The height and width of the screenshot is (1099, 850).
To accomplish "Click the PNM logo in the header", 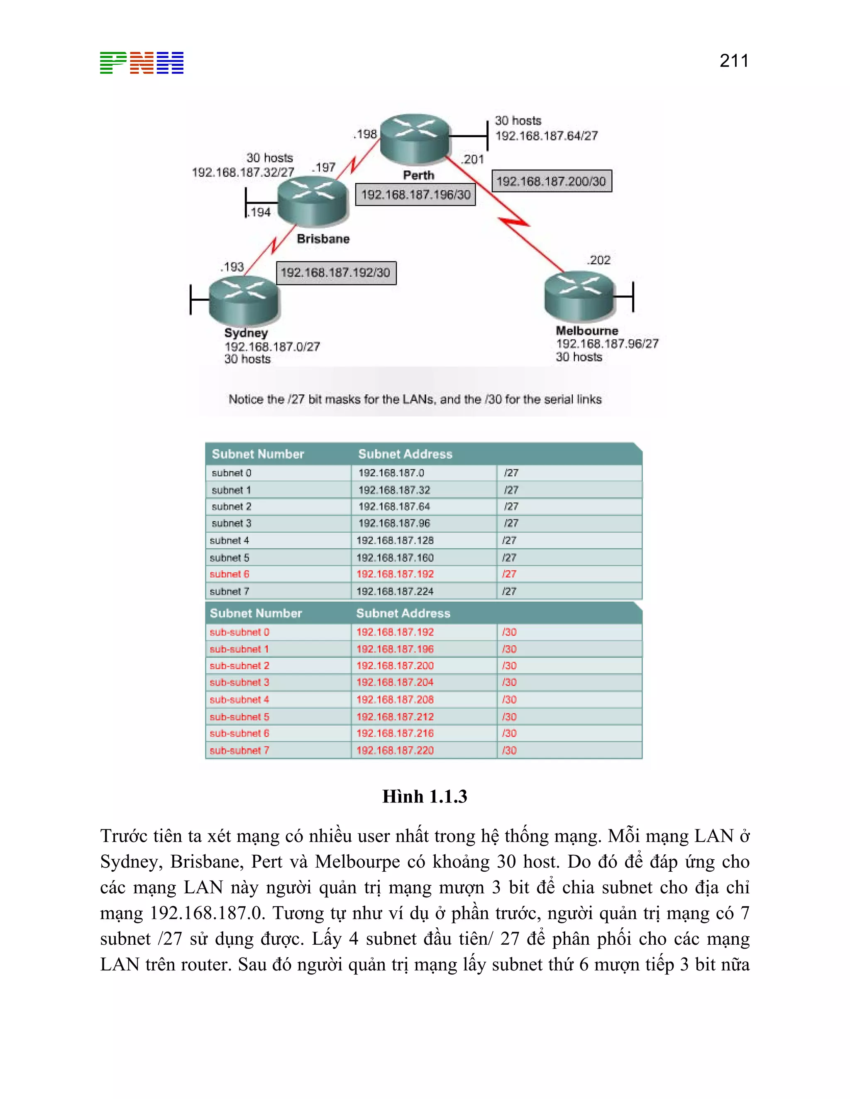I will pyautogui.click(x=142, y=63).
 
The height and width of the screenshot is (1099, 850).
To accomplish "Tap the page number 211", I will pyautogui.click(x=734, y=61).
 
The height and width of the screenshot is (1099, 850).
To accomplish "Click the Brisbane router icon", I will pyautogui.click(x=313, y=201).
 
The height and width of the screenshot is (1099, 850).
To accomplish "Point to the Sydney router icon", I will pyautogui.click(x=244, y=300).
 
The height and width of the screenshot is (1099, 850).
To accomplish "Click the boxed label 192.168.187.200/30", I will pyautogui.click(x=552, y=181).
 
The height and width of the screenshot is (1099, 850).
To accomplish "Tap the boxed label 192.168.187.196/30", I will pyautogui.click(x=415, y=195).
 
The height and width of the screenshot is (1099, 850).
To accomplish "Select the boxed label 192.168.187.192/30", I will pyautogui.click(x=336, y=273).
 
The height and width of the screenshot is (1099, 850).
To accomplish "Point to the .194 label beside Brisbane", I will pyautogui.click(x=259, y=212).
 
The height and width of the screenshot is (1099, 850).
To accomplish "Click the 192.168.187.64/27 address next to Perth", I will pyautogui.click(x=546, y=136).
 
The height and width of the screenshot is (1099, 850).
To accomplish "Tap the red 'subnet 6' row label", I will pyautogui.click(x=230, y=574).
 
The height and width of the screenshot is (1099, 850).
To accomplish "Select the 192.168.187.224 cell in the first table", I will pyautogui.click(x=395, y=591).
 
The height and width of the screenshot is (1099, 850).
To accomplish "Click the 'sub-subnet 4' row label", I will pyautogui.click(x=239, y=700).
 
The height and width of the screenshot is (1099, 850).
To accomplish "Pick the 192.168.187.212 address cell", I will pyautogui.click(x=395, y=717).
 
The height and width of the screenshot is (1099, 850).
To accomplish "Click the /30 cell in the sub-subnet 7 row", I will pyautogui.click(x=509, y=750).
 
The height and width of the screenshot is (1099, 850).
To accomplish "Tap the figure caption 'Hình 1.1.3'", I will pyautogui.click(x=425, y=797).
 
